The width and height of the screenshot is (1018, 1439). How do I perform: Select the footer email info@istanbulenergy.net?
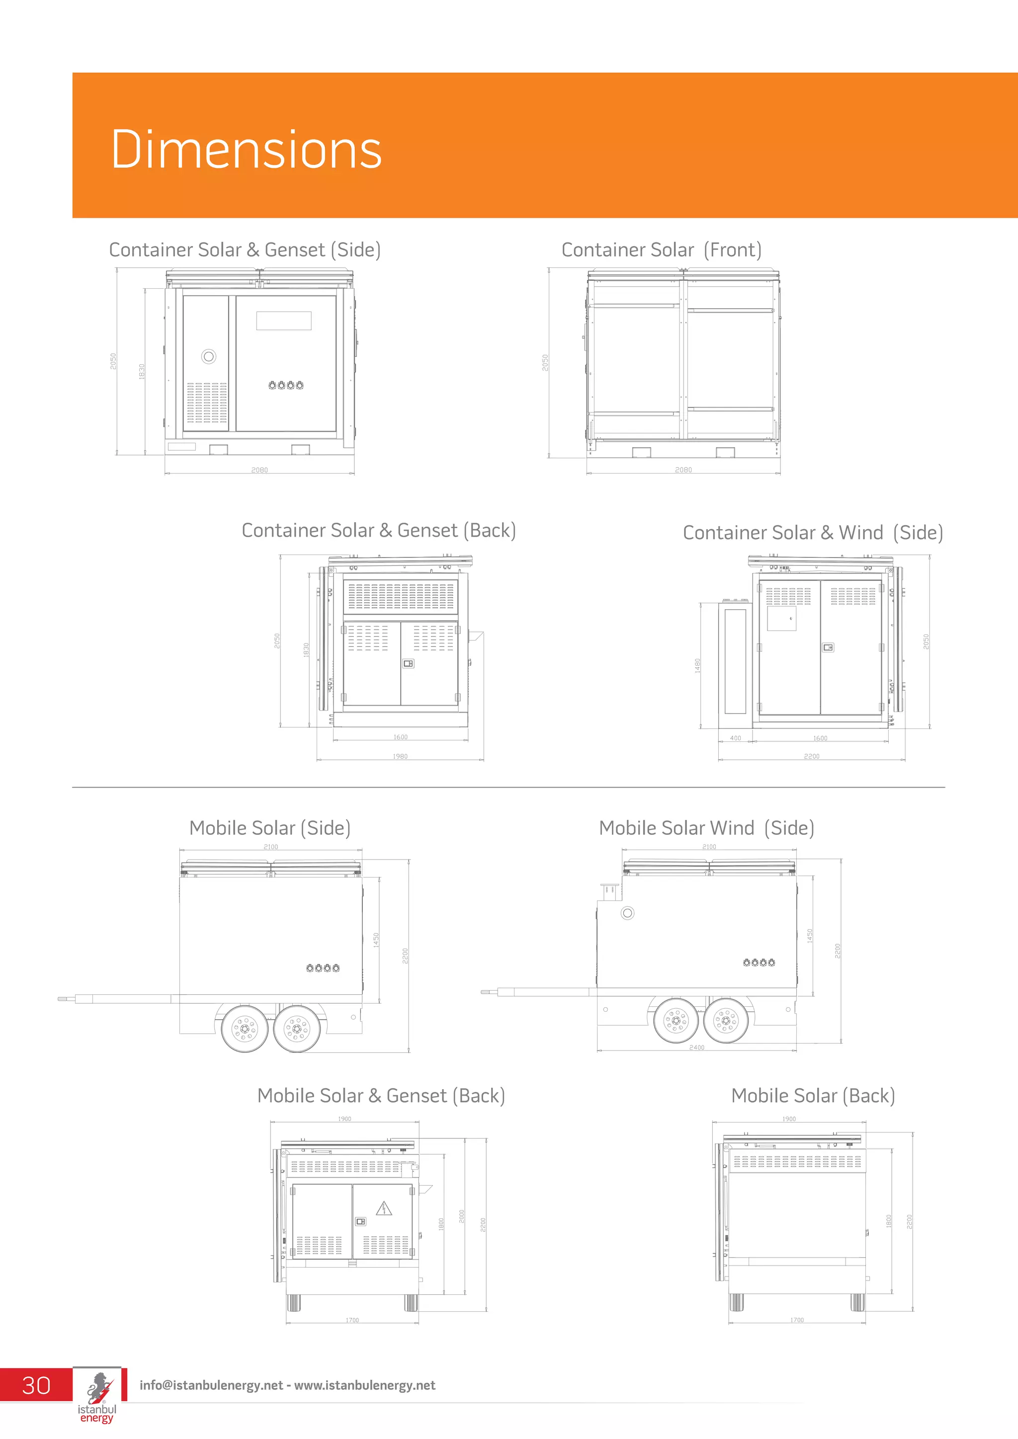click(x=211, y=1385)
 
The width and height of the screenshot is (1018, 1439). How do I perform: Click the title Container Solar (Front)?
click(x=661, y=249)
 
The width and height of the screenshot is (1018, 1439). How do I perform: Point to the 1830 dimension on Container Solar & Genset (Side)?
click(x=142, y=371)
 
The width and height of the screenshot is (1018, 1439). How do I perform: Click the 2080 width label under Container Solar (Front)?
click(x=683, y=470)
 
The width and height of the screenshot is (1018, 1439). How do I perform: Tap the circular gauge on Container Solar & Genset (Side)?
click(x=209, y=357)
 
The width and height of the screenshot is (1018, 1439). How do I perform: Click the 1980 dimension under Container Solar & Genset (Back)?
click(x=400, y=756)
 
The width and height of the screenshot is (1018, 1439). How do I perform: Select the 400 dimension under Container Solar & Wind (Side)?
click(x=735, y=738)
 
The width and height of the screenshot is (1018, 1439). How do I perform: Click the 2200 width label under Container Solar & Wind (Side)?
click(x=811, y=756)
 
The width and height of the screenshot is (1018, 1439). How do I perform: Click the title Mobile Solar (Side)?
click(x=269, y=828)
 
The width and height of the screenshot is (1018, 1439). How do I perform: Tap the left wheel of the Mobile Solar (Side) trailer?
click(x=245, y=1029)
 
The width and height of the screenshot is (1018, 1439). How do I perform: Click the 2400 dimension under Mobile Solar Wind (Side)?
click(x=696, y=1047)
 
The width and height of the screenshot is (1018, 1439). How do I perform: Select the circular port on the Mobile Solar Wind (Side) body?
click(x=627, y=913)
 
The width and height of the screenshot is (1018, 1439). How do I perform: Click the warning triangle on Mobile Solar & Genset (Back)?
click(x=384, y=1208)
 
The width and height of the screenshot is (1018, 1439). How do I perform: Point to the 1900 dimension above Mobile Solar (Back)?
click(x=788, y=1119)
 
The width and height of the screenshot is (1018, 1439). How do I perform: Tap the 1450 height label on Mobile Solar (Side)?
click(x=376, y=940)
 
